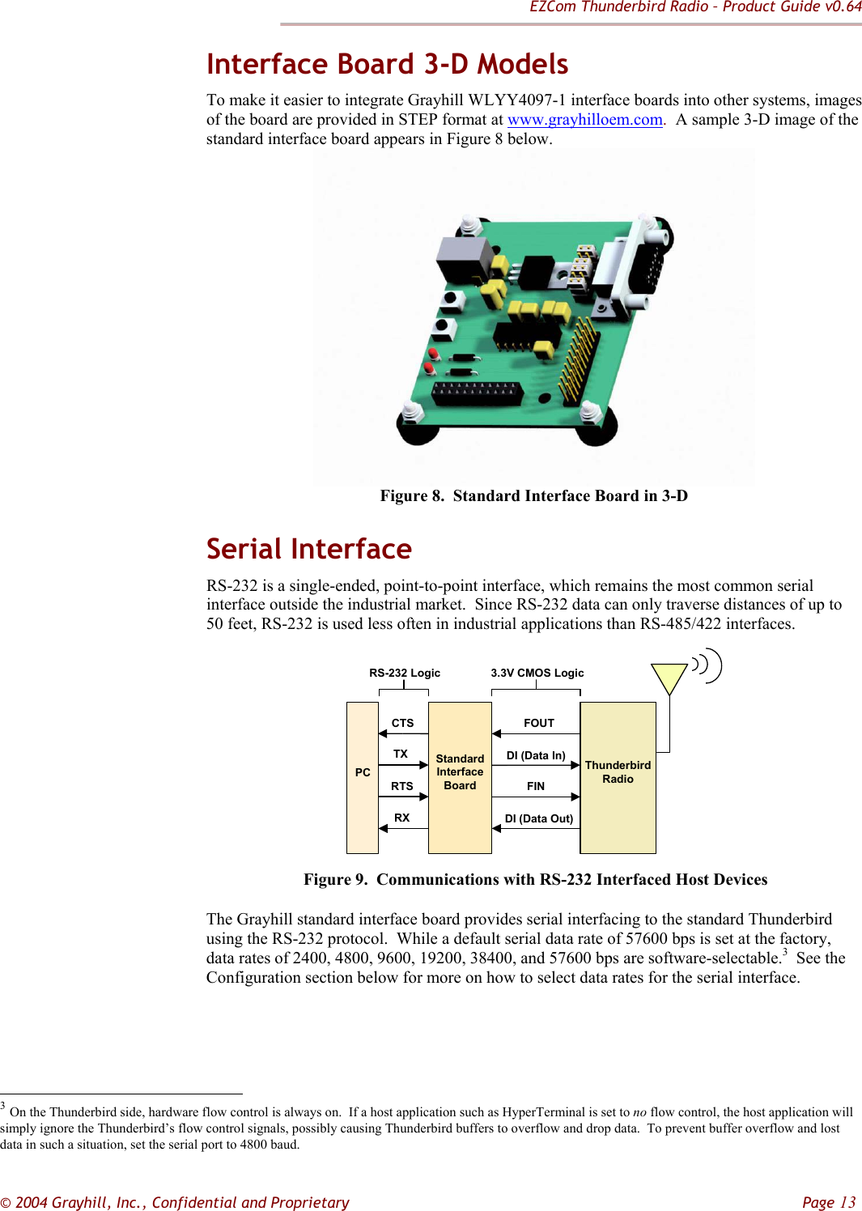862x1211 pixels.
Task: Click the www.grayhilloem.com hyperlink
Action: [584, 120]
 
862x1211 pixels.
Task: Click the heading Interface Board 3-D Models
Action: [387, 64]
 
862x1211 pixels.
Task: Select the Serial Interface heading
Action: [308, 549]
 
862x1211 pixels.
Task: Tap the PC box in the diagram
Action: [363, 777]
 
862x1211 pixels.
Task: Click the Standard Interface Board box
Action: [460, 777]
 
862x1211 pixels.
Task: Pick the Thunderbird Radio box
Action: [618, 777]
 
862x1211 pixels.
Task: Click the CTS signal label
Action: [402, 723]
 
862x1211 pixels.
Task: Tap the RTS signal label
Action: [401, 786]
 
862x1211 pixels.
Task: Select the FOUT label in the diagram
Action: [538, 723]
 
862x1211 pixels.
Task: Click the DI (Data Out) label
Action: [538, 818]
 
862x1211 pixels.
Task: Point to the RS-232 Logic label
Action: [405, 673]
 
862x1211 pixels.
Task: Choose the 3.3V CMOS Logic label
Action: [537, 673]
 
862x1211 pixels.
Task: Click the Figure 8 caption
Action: [533, 495]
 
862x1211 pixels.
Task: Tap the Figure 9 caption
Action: [535, 879]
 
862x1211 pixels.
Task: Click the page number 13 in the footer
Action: [847, 1202]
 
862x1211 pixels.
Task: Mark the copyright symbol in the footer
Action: [6, 1203]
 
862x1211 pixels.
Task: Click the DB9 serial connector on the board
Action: [639, 259]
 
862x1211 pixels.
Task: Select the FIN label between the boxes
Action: [535, 786]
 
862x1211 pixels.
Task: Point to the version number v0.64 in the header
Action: [843, 7]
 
